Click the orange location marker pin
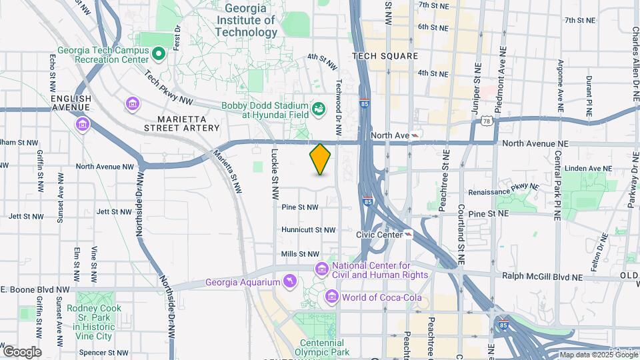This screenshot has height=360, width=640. pos(321,159)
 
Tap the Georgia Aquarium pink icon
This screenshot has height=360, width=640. pos(289,282)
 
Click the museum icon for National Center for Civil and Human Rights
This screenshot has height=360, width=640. pos(322,269)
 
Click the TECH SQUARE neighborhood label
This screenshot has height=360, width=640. pos(385,57)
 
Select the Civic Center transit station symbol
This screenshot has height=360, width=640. pos(407,235)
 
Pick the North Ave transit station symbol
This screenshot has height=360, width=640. pos(416,135)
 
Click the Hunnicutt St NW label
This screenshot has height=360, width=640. pos(308,230)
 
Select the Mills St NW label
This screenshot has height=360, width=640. pos(300,254)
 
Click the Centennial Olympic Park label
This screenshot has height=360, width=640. pos(322,347)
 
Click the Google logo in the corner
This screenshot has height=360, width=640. pos(22,351)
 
